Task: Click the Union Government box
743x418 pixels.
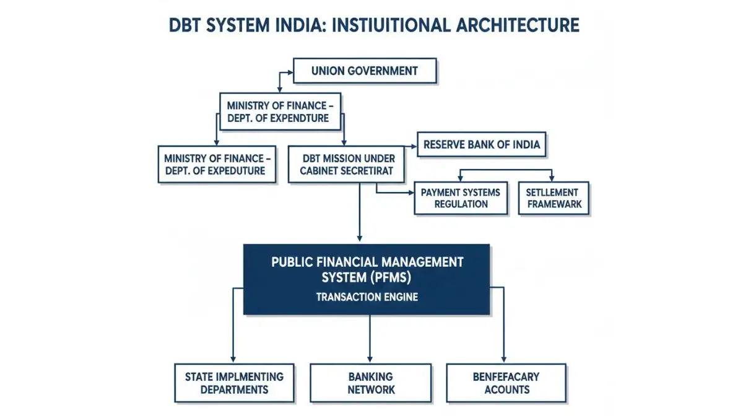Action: tap(365, 71)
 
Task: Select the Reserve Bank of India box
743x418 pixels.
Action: tap(482, 145)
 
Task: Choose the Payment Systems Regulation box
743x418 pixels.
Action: tap(461, 198)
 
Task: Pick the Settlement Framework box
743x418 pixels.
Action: tap(554, 198)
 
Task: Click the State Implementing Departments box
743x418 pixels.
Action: tap(235, 383)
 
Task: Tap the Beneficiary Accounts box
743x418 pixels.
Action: tap(506, 383)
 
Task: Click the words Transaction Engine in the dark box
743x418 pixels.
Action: tap(367, 297)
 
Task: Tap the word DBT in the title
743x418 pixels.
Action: tap(186, 25)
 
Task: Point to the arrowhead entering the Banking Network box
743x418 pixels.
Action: tap(370, 359)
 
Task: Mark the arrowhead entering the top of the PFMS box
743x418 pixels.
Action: tap(360, 238)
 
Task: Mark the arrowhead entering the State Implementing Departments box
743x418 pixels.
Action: tap(233, 359)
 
